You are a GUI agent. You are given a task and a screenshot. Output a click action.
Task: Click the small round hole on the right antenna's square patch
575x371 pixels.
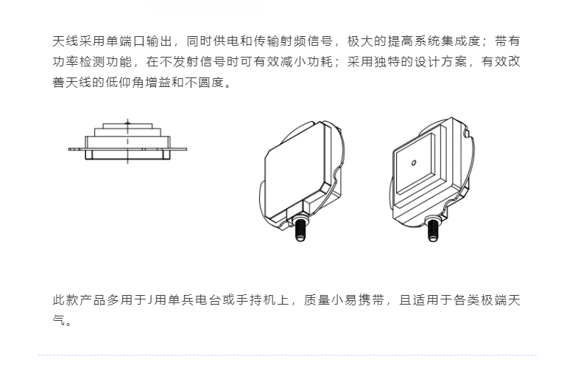click(414, 163)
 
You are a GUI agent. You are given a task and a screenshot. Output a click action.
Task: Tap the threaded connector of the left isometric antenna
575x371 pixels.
click(300, 229)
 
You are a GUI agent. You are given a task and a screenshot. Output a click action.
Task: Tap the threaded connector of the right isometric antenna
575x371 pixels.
click(433, 229)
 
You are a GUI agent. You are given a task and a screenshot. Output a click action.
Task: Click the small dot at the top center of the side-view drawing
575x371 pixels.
click(127, 123)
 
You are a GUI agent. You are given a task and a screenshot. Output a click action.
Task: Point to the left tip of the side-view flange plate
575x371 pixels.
click(68, 149)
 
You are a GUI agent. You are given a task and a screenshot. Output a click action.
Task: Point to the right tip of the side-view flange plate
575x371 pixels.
click(186, 149)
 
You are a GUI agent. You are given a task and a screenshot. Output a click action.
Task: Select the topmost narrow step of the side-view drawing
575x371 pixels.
click(127, 125)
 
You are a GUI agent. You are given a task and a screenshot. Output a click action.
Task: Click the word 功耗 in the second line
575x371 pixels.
click(320, 62)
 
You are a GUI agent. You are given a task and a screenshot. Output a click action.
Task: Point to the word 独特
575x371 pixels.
click(387, 62)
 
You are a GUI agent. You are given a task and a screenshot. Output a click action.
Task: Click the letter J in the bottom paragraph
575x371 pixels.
click(149, 300)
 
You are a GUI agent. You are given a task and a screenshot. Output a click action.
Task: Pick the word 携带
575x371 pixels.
click(371, 300)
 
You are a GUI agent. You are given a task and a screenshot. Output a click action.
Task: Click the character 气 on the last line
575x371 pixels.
click(59, 321)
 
